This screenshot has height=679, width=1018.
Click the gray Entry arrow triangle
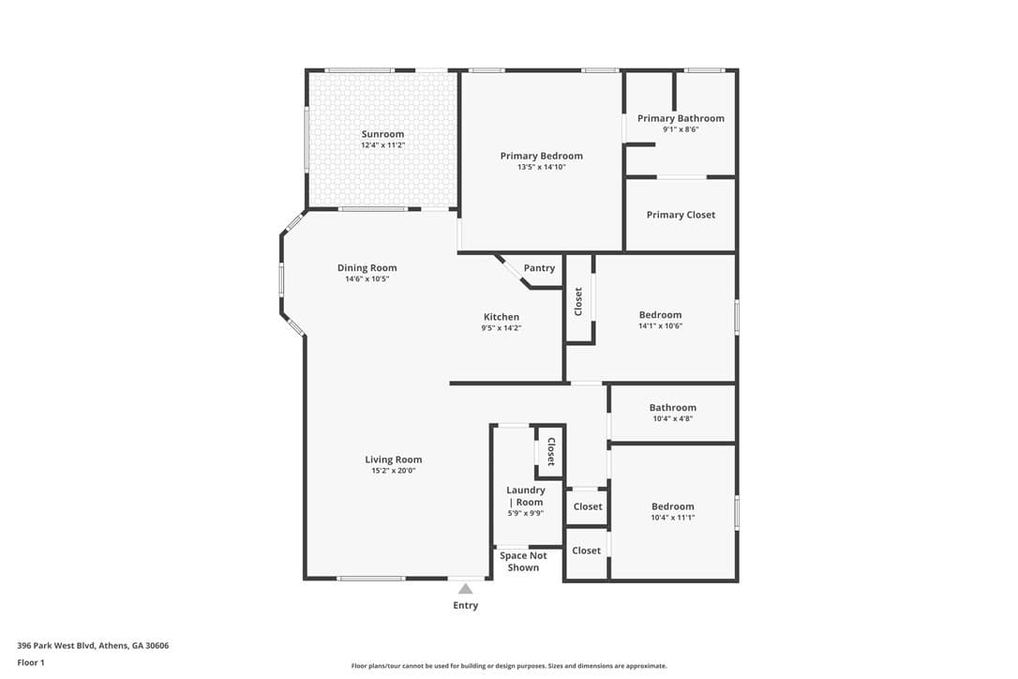[x=466, y=589]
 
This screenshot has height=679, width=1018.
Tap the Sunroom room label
[x=383, y=134]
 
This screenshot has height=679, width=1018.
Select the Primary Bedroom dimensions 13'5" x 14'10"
[x=542, y=167]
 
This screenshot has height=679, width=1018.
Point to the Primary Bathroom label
[x=681, y=118]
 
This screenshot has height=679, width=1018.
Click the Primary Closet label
[x=681, y=215]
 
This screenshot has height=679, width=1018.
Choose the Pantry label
[x=540, y=267]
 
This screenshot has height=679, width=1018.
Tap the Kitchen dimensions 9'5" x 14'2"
[x=502, y=328]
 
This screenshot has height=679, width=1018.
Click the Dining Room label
[x=367, y=267]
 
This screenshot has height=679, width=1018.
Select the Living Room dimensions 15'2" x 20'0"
[x=394, y=471]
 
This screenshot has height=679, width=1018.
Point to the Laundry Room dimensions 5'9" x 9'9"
[x=526, y=513]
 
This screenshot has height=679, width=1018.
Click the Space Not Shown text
[x=523, y=562]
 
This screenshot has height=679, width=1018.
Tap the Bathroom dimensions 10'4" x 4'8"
[x=673, y=419]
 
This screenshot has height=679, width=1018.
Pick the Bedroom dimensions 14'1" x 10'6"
[x=660, y=326]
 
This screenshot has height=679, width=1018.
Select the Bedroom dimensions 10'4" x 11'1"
[x=673, y=518]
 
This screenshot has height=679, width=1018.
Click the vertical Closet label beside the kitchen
[x=578, y=301]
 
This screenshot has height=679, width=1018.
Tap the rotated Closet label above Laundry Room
[x=551, y=452]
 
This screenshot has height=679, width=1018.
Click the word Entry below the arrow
[x=466, y=606]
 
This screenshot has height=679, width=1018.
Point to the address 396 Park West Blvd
[x=56, y=646]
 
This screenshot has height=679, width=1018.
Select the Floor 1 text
[x=31, y=663]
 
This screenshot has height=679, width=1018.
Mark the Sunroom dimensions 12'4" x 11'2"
[x=383, y=144]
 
